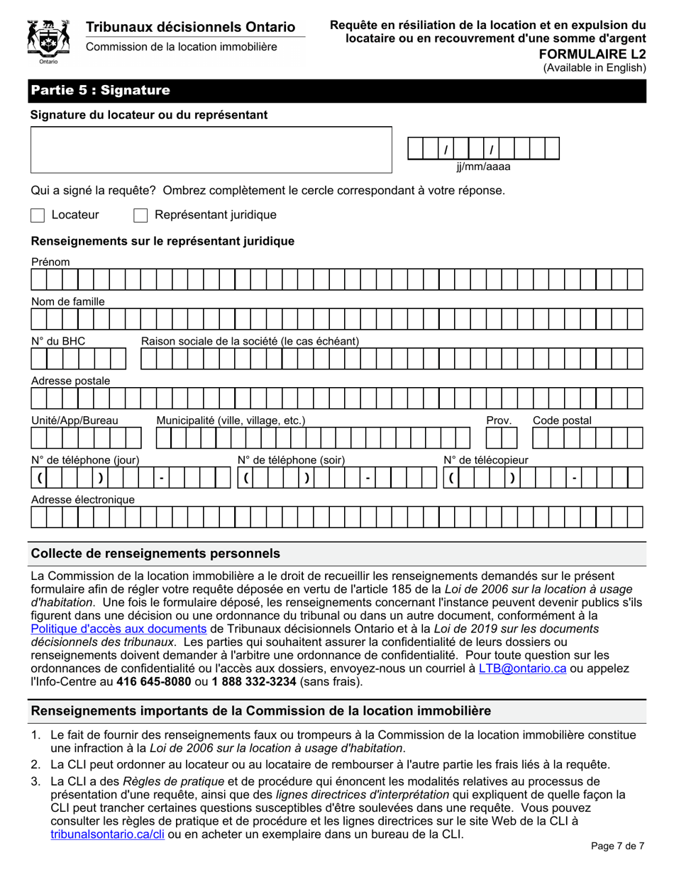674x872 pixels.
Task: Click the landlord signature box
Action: tap(211, 150)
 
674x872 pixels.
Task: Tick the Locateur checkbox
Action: tap(38, 215)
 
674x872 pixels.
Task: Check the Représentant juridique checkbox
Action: tap(140, 215)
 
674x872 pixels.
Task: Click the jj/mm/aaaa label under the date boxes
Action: tap(482, 167)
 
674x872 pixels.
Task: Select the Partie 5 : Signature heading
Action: tap(100, 91)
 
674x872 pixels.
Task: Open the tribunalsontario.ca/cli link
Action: tap(107, 834)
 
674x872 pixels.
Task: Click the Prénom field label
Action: tap(50, 262)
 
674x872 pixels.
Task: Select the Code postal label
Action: tap(562, 421)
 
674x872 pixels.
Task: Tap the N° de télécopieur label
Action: tap(485, 461)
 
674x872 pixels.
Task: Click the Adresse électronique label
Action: tap(83, 501)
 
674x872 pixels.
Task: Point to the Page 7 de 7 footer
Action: tap(617, 846)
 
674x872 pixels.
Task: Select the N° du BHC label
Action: tap(58, 342)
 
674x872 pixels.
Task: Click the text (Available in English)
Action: tap(595, 68)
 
